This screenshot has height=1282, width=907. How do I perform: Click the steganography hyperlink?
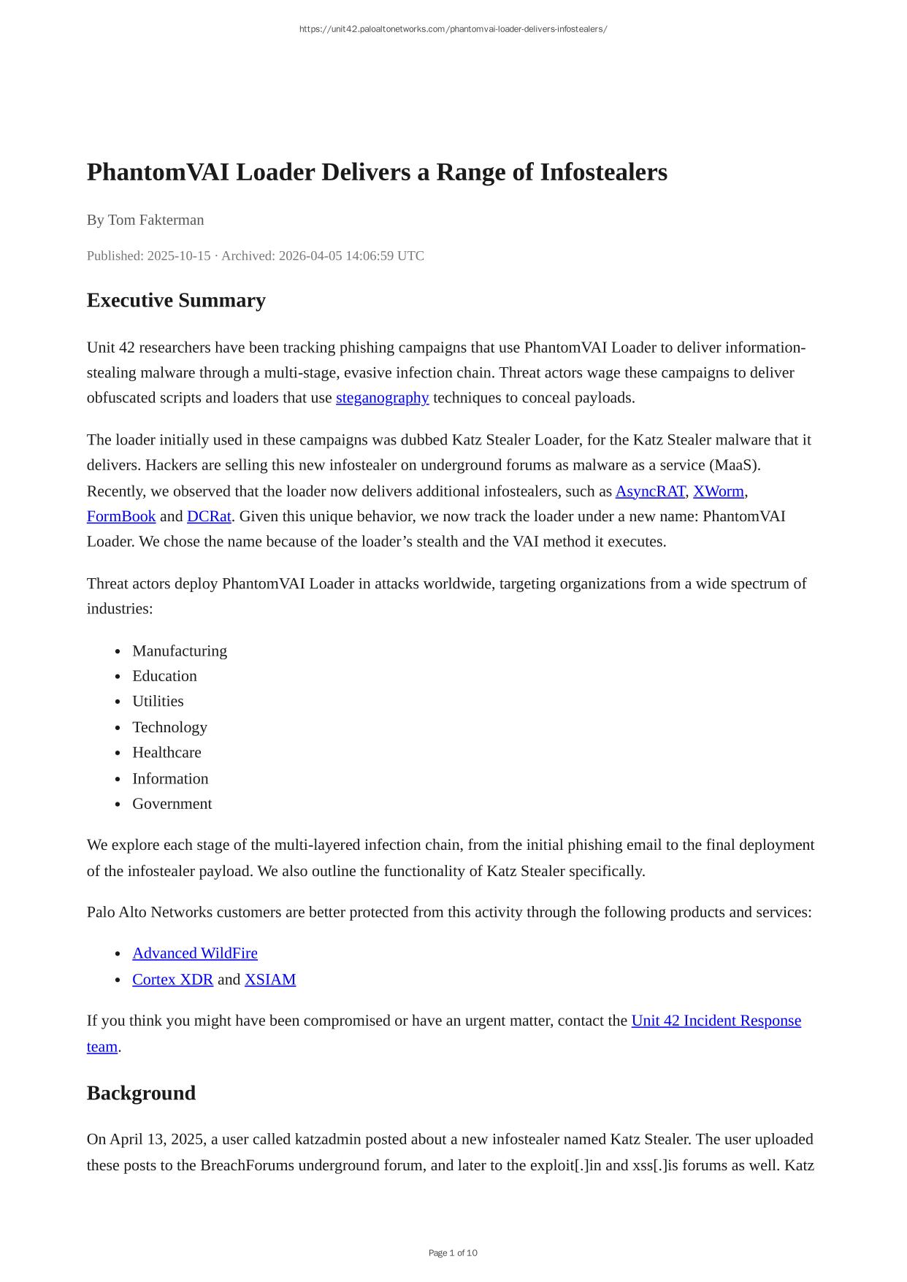pyautogui.click(x=382, y=398)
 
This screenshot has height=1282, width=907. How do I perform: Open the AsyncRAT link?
pyautogui.click(x=650, y=491)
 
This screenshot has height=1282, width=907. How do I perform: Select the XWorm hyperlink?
pyautogui.click(x=718, y=491)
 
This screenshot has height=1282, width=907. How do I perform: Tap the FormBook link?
pyautogui.click(x=121, y=517)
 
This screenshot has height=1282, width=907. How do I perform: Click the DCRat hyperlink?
pyautogui.click(x=209, y=517)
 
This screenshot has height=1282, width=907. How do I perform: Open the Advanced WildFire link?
pyautogui.click(x=195, y=953)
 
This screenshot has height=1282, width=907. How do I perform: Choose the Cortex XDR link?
pyautogui.click(x=172, y=980)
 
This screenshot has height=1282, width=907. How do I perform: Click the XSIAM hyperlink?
pyautogui.click(x=270, y=980)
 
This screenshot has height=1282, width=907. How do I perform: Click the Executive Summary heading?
pyautogui.click(x=176, y=301)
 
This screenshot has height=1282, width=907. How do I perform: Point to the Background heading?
pyautogui.click(x=141, y=1093)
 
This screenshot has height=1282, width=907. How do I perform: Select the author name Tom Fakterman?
pyautogui.click(x=156, y=220)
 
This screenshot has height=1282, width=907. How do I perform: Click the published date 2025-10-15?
pyautogui.click(x=178, y=256)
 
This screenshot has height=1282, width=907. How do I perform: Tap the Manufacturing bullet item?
pyautogui.click(x=180, y=651)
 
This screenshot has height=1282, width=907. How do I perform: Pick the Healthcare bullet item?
pyautogui.click(x=167, y=753)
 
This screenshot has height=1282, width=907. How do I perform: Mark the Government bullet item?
pyautogui.click(x=172, y=804)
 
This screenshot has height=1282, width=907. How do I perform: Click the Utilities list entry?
pyautogui.click(x=158, y=702)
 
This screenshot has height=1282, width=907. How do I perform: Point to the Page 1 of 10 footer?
pyautogui.click(x=453, y=1253)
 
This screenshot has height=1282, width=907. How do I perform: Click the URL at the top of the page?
pyautogui.click(x=453, y=29)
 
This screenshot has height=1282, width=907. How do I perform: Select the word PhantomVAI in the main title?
pyautogui.click(x=158, y=172)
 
